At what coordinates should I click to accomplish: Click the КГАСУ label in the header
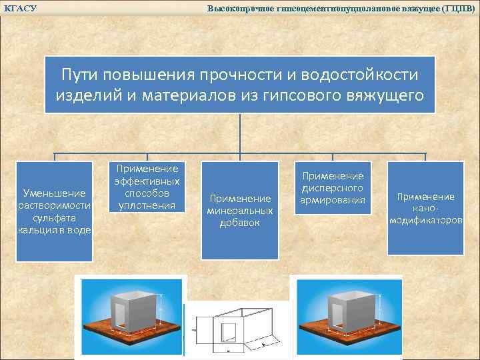(20, 8)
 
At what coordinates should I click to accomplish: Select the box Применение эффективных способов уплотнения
(147, 187)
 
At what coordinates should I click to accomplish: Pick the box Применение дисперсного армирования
(333, 188)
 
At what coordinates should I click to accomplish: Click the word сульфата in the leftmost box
(54, 217)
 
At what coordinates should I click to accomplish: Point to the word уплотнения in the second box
(147, 205)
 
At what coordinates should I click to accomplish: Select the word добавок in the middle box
(240, 223)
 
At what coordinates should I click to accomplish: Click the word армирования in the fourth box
(333, 200)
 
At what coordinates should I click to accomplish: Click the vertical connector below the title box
(240, 133)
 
